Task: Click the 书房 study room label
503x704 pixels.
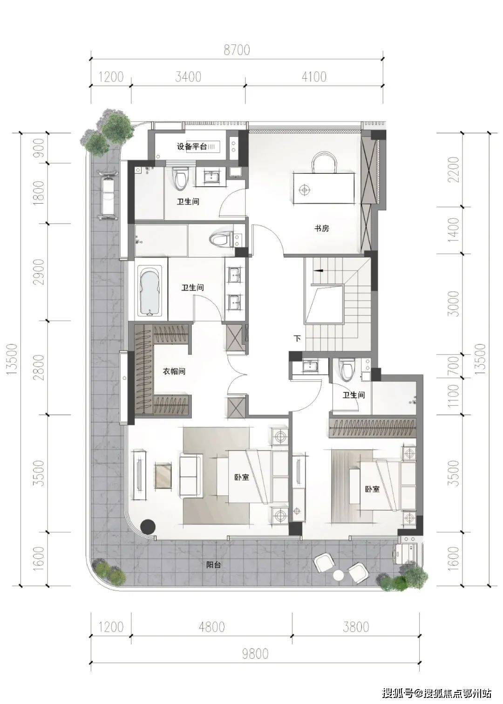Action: [x=321, y=228]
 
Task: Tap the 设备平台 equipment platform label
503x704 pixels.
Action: [x=191, y=146]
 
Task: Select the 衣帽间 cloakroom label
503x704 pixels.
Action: [x=174, y=371]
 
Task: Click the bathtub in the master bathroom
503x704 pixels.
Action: [x=150, y=289]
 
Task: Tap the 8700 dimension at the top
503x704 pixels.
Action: [x=237, y=50]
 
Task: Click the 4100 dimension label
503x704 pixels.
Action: [x=314, y=77]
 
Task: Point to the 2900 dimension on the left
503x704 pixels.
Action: [x=39, y=272]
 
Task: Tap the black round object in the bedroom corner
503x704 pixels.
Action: [x=148, y=526]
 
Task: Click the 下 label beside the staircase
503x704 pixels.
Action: [x=297, y=338]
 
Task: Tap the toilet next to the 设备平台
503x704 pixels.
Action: [x=181, y=178]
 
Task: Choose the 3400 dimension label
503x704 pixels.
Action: [x=188, y=77]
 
